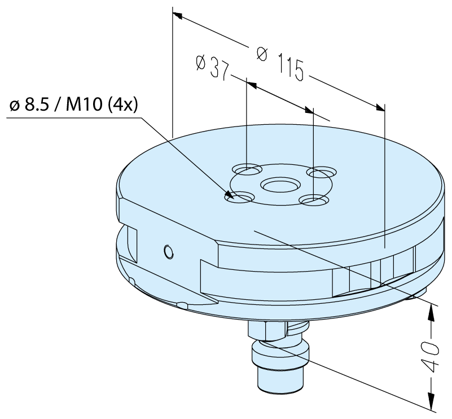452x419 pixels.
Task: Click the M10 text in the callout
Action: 84,104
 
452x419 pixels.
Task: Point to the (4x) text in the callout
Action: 122,105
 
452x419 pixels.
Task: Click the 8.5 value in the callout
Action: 36,105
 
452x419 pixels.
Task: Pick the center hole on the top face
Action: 280,185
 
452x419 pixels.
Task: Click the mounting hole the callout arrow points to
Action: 239,198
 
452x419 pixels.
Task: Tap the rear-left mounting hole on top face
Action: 247,170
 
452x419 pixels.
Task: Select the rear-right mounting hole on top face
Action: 322,172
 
